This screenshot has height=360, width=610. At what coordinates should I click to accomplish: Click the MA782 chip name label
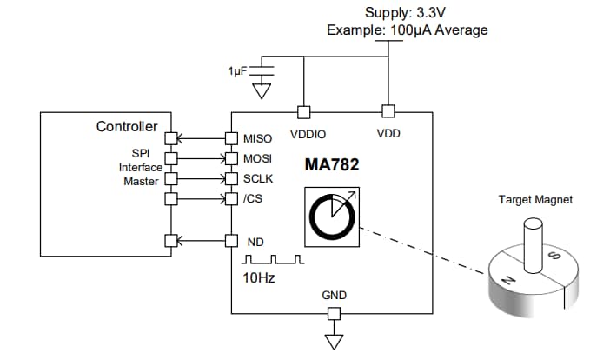coord(332,164)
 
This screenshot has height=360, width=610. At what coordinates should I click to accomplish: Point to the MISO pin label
coord(259,139)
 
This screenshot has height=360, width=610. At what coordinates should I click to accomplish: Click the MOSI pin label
coord(259,159)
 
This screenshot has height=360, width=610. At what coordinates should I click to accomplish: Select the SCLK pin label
coord(259,179)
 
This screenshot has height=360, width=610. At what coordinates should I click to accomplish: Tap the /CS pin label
coord(253,199)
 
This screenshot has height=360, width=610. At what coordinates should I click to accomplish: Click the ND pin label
coord(254,241)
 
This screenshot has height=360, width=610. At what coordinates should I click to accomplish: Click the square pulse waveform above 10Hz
coord(273,260)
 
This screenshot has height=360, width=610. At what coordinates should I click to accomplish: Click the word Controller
coord(127,127)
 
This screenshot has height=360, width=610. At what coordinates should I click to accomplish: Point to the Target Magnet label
coord(534,200)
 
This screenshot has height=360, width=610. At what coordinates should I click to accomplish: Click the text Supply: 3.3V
coord(408,12)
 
